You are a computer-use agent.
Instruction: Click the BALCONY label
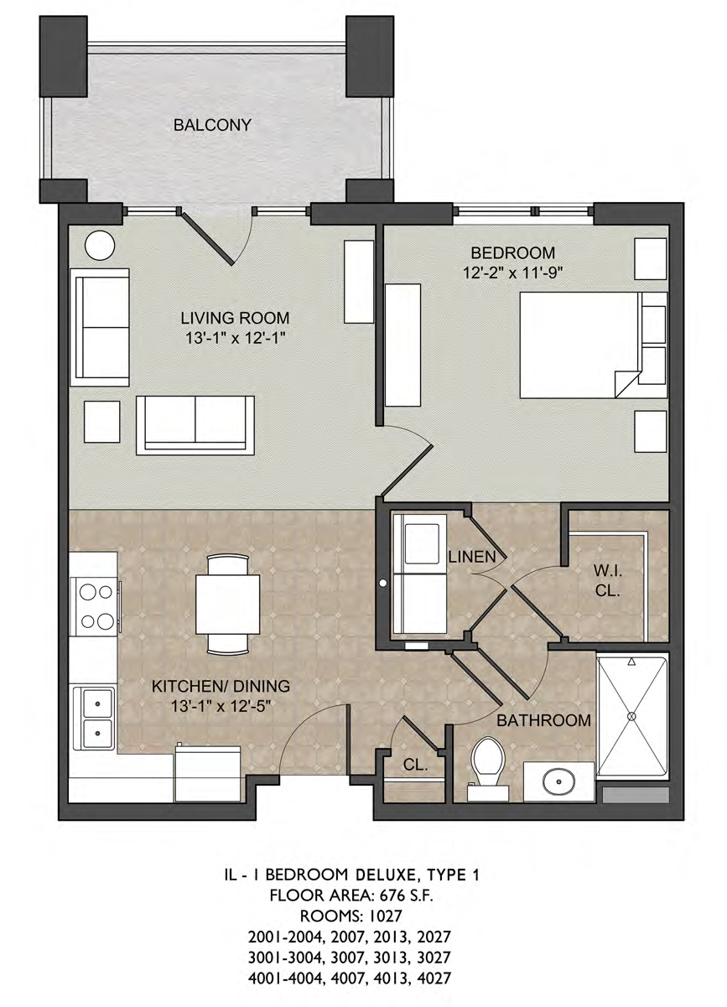pyautogui.click(x=212, y=125)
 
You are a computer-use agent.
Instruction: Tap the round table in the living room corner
pyautogui.click(x=100, y=246)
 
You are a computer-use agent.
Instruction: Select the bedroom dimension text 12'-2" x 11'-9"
pyautogui.click(x=512, y=273)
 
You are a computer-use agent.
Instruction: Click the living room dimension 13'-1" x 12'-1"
pyautogui.click(x=236, y=338)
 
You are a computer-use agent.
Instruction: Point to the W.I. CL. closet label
pyautogui.click(x=607, y=582)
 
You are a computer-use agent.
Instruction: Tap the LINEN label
pyautogui.click(x=472, y=557)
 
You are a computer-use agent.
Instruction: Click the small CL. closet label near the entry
pyautogui.click(x=415, y=766)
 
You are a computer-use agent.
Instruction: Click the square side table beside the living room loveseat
pyautogui.click(x=102, y=421)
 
